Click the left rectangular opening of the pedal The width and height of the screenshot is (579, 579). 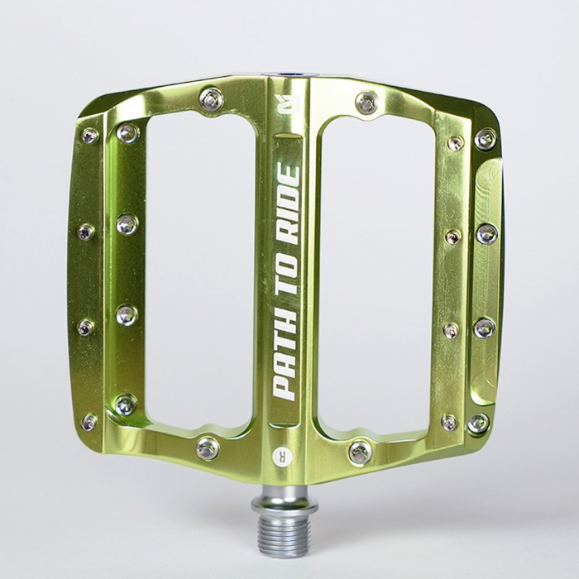[x=199, y=273]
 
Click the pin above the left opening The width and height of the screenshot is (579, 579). [x=211, y=100]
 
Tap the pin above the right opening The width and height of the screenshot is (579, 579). [x=366, y=103]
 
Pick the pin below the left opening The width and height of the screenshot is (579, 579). [x=208, y=448]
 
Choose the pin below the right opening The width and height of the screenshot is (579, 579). [x=360, y=452]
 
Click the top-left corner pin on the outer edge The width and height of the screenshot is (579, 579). [x=89, y=135]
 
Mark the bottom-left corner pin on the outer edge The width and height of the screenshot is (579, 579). [x=89, y=422]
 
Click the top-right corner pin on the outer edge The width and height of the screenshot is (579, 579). [x=486, y=138]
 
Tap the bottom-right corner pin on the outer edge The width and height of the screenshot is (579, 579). [x=478, y=423]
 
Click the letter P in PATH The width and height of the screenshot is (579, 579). [x=285, y=386]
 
